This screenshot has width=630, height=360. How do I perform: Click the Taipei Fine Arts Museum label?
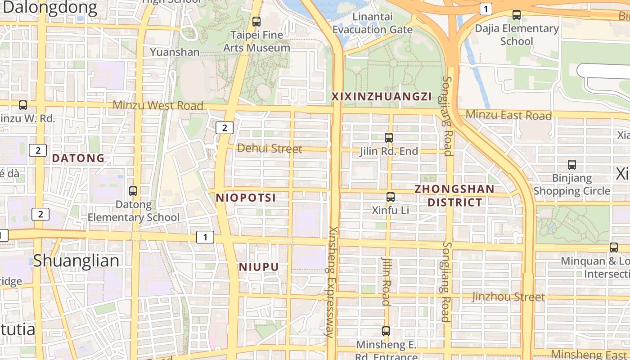tap(256, 41)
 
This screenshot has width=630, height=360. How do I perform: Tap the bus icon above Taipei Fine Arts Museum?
tap(256, 21)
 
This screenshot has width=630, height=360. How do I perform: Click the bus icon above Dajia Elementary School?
tap(517, 15)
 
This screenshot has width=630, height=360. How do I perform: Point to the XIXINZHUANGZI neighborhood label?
tap(382, 96)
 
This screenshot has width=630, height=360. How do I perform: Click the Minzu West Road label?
tap(158, 105)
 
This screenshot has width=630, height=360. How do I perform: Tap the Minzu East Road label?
tap(508, 115)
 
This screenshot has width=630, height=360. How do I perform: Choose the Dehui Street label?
tap(270, 148)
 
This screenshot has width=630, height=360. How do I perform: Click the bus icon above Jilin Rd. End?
tap(389, 138)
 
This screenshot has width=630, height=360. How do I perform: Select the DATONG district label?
tap(78, 158)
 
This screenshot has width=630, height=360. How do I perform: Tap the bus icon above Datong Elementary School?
tap(133, 191)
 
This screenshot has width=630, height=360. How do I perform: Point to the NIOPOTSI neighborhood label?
tap(246, 198)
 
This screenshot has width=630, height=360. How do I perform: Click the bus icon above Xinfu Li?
tap(391, 197)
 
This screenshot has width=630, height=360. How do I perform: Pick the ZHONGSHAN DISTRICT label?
tap(454, 195)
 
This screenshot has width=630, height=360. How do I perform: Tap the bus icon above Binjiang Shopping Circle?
tap(572, 165)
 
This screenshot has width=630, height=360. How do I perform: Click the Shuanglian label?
tap(76, 261)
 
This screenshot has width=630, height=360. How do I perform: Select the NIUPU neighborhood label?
tap(259, 267)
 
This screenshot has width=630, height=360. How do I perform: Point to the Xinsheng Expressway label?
tap(332, 281)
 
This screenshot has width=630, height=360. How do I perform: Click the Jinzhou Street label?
tap(508, 297)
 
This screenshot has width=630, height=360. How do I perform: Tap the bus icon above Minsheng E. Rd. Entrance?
tap(386, 331)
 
